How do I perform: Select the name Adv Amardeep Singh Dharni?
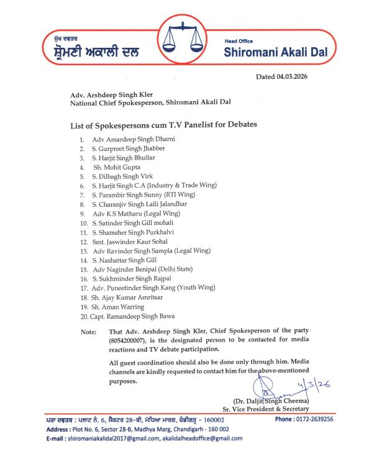134,139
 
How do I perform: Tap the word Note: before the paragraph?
89,332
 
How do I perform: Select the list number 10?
83,222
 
